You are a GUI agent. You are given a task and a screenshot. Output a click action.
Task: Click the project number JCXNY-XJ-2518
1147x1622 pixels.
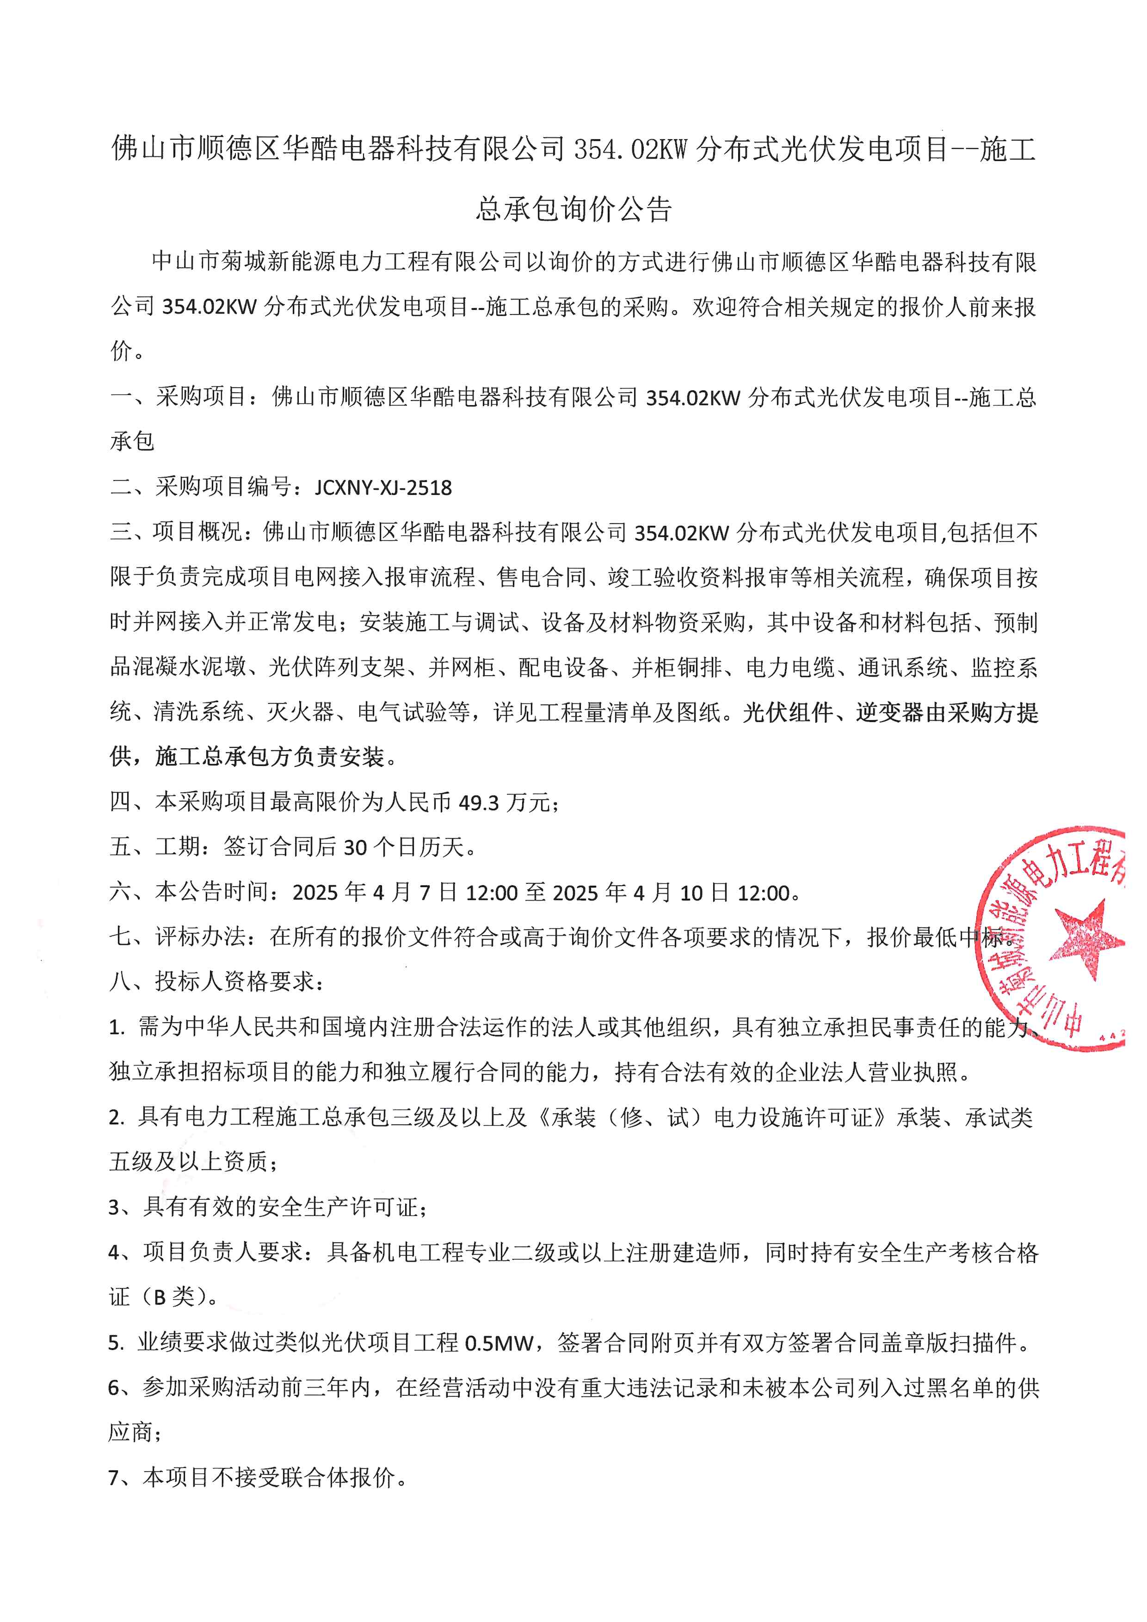383,487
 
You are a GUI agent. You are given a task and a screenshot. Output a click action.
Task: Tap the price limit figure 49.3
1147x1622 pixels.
478,802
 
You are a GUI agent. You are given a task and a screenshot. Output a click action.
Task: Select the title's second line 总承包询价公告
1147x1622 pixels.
573,209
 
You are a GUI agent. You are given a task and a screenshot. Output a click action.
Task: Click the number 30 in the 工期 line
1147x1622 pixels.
355,847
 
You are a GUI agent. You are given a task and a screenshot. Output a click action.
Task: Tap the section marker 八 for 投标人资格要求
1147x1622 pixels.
120,981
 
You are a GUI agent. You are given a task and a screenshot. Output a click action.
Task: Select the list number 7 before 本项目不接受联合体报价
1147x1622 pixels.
114,1477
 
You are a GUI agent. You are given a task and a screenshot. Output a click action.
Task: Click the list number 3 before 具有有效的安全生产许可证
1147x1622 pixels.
114,1207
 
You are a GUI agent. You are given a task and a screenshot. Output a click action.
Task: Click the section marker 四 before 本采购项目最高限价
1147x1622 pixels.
120,802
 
